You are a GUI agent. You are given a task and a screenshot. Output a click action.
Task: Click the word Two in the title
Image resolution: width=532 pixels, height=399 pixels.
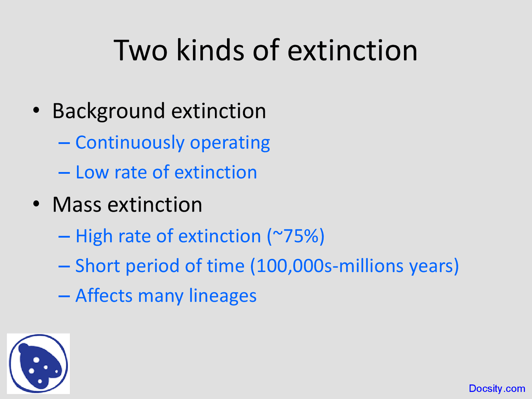(140, 51)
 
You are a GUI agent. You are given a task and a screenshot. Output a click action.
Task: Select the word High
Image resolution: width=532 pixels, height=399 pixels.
(94, 236)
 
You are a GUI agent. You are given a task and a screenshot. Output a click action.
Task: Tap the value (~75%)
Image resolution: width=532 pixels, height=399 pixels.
(296, 236)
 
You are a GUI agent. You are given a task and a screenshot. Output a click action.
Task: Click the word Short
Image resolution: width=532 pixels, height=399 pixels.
(98, 266)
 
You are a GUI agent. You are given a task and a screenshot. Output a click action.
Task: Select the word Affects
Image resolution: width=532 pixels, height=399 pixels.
(104, 296)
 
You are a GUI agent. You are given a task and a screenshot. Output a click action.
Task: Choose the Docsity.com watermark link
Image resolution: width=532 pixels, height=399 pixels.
(497, 389)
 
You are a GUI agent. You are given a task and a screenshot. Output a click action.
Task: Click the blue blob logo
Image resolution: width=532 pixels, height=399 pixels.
(38, 364)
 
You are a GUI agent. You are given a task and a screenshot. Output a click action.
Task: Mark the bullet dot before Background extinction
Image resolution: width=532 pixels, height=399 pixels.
(37, 111)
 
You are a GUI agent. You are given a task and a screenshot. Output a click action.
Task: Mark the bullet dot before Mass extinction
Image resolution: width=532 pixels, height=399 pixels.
(37, 204)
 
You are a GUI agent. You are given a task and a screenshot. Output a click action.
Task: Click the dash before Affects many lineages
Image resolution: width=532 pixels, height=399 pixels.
(64, 296)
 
